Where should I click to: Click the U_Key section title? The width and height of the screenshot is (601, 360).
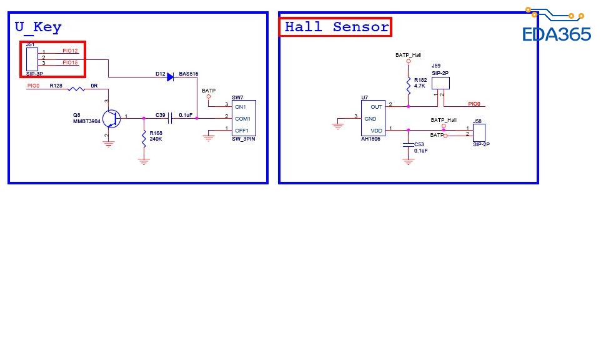click(x=38, y=27)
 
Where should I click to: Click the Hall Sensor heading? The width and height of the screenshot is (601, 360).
click(x=336, y=27)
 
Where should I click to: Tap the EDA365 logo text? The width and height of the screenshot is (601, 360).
click(x=556, y=34)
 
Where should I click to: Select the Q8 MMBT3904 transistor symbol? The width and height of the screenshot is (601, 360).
click(x=111, y=117)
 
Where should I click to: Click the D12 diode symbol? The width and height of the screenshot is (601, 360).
click(x=170, y=77)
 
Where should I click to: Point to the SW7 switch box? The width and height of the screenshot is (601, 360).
click(x=244, y=118)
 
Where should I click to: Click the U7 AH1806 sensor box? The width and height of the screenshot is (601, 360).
click(x=372, y=118)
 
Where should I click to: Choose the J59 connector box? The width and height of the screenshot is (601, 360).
click(x=440, y=82)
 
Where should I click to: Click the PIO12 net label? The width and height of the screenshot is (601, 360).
click(x=70, y=51)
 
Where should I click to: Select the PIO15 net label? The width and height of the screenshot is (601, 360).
click(x=70, y=62)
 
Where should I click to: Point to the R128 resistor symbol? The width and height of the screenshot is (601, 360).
click(x=76, y=89)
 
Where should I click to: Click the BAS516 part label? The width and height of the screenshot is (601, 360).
click(x=189, y=74)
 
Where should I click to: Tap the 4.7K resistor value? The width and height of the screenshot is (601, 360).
click(x=420, y=86)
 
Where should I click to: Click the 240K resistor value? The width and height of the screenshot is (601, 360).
click(x=156, y=139)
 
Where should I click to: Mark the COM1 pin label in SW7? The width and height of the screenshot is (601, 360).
click(x=242, y=118)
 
